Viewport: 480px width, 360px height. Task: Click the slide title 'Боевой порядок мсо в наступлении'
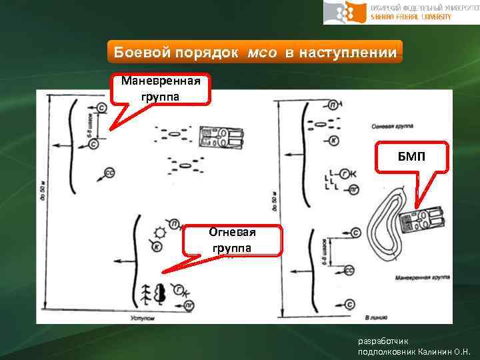click(255, 52)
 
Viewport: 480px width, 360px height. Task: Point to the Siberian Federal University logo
click(401, 12)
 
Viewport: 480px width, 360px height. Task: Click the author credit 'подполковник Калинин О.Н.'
click(414, 351)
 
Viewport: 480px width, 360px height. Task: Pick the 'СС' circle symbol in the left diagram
click(109, 172)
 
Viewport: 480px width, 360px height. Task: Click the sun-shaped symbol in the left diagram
click(160, 233)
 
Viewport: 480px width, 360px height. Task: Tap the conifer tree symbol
click(145, 294)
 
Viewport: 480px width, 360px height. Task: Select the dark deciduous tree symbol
click(160, 293)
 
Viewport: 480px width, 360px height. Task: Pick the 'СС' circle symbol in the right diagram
click(349, 271)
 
